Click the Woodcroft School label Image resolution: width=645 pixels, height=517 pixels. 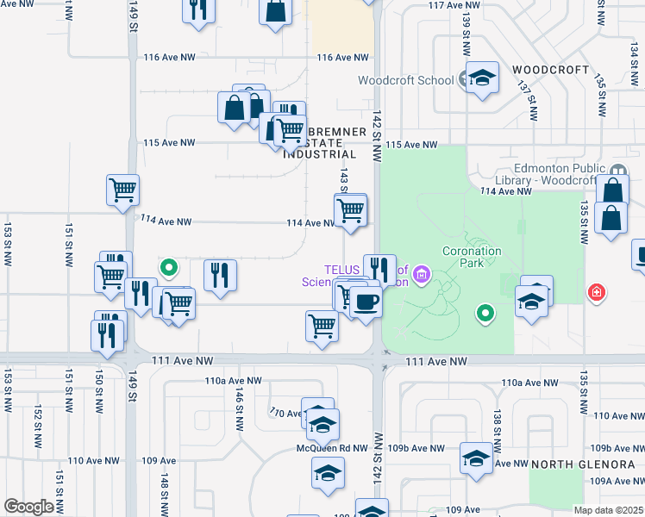[405, 80]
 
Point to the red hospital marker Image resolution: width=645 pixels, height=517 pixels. [595, 294]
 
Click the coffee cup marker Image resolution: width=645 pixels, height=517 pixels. [366, 302]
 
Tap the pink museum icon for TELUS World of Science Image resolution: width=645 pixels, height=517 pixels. [422, 276]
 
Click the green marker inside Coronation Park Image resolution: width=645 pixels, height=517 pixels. [485, 312]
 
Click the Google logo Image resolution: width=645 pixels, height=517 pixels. [29, 507]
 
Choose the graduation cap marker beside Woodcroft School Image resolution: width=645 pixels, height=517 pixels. [483, 78]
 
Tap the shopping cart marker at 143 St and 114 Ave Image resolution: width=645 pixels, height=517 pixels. [350, 209]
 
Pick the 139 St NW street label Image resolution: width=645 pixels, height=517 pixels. [467, 30]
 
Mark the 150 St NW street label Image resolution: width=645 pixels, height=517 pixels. [99, 389]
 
